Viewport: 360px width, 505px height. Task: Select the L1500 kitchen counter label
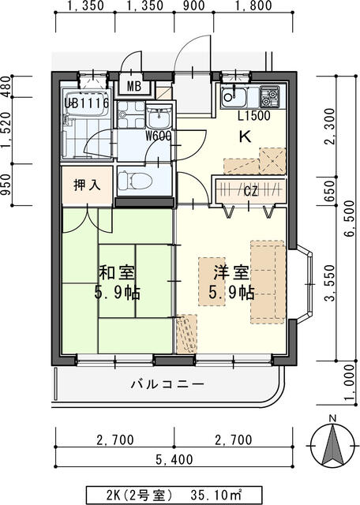pyautogui.click(x=255, y=115)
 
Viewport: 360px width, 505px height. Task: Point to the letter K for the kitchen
pyautogui.click(x=246, y=136)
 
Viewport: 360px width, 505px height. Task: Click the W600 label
pyautogui.click(x=158, y=135)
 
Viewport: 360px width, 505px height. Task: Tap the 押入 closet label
pyautogui.click(x=87, y=185)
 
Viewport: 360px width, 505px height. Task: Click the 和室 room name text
pyautogui.click(x=116, y=274)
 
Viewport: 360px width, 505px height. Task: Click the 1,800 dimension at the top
pyautogui.click(x=253, y=7)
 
